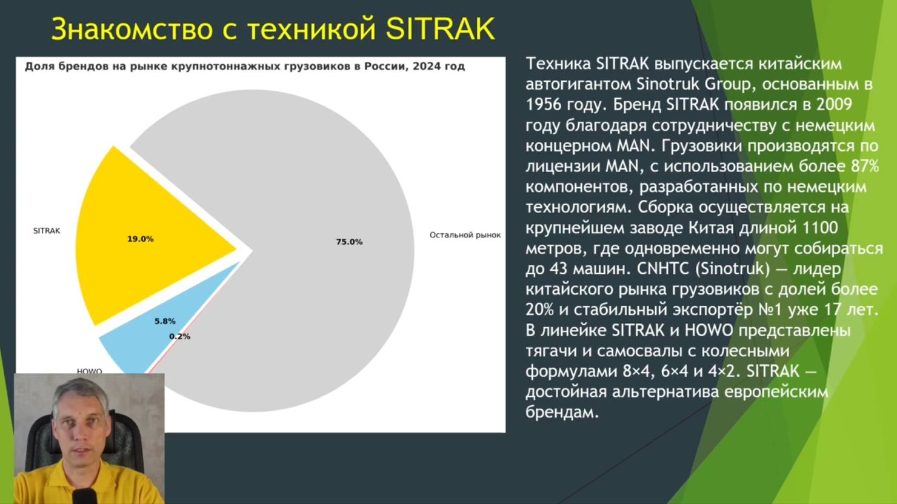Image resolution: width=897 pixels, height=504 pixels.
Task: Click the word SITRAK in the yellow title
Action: (x=440, y=29)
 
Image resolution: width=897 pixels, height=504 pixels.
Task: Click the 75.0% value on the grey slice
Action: (x=349, y=242)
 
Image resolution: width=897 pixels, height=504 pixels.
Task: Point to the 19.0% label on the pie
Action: (x=140, y=239)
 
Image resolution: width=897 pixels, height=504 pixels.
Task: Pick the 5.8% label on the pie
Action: (x=165, y=321)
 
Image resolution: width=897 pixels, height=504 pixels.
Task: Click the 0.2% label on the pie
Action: (x=179, y=336)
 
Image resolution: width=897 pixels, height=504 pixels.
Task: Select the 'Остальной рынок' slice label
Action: (x=465, y=235)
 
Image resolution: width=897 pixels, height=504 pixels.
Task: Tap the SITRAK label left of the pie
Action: (x=47, y=231)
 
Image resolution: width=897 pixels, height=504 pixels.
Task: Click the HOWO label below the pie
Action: (x=89, y=371)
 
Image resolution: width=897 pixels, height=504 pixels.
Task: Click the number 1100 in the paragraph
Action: (x=820, y=228)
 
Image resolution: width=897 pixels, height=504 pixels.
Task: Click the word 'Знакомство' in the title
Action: (x=132, y=29)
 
